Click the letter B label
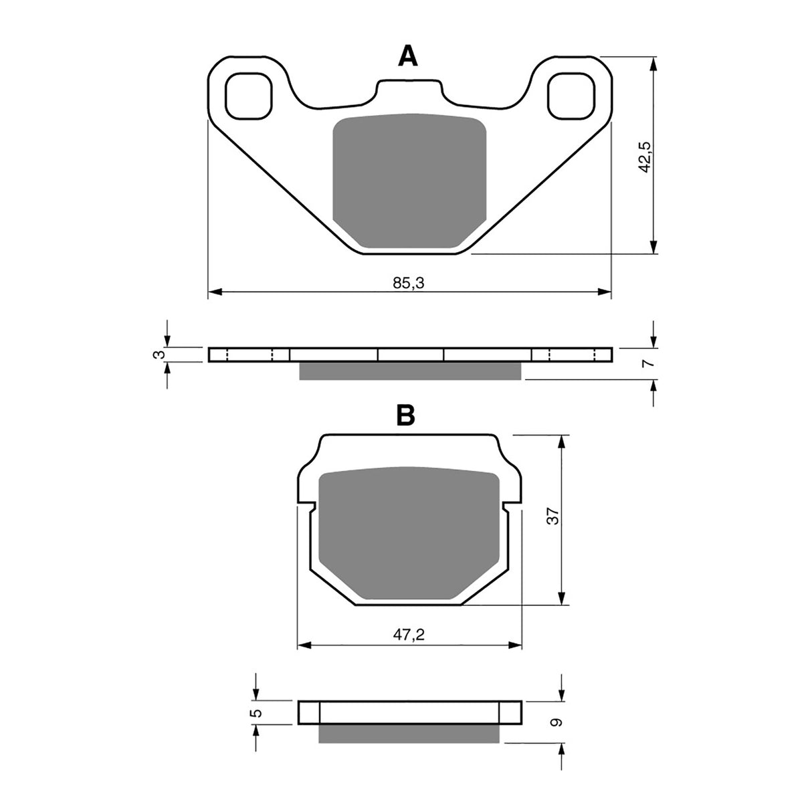tap(405, 415)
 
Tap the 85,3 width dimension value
tap(409, 283)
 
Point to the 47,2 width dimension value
tap(409, 636)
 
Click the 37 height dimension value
tap(552, 516)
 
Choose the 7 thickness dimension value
tap(645, 363)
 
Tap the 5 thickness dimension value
tap(253, 713)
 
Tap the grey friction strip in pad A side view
tap(409, 371)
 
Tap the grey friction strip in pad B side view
tap(409, 734)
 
